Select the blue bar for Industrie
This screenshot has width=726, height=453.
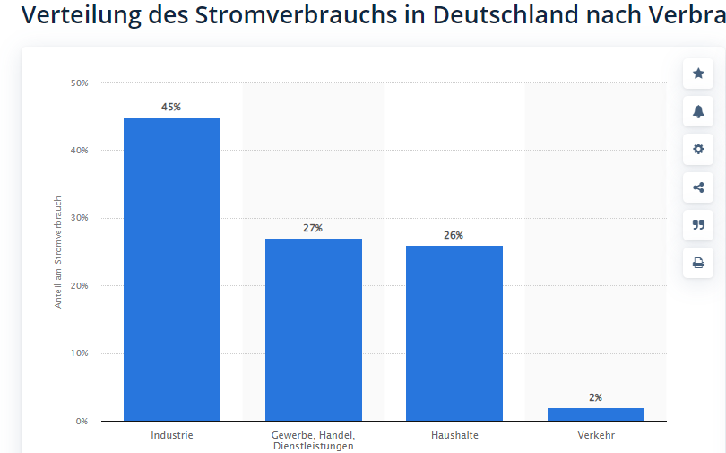pyautogui.click(x=172, y=269)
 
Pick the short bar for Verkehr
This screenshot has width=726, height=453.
pyautogui.click(x=595, y=414)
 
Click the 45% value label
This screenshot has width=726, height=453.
pyautogui.click(x=171, y=107)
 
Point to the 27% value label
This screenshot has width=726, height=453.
pyautogui.click(x=313, y=228)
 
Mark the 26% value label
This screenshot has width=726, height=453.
pyautogui.click(x=454, y=235)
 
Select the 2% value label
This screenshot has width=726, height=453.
pyautogui.click(x=595, y=397)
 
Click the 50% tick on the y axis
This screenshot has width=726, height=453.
pyautogui.click(x=79, y=83)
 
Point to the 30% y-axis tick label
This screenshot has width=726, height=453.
pyautogui.click(x=79, y=218)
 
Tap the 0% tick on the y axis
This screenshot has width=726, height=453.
pyautogui.click(x=82, y=421)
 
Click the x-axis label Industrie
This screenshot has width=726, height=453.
pyautogui.click(x=172, y=436)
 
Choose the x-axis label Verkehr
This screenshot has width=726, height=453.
pyautogui.click(x=596, y=436)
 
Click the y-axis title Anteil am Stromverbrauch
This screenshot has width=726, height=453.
pyautogui.click(x=59, y=252)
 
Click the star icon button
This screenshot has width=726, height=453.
pyautogui.click(x=698, y=74)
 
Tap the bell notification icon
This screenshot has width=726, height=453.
pyautogui.click(x=698, y=111)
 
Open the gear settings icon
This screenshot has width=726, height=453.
pyautogui.click(x=698, y=149)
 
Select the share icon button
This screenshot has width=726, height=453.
pyautogui.click(x=698, y=187)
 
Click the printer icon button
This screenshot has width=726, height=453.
pyautogui.click(x=698, y=263)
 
